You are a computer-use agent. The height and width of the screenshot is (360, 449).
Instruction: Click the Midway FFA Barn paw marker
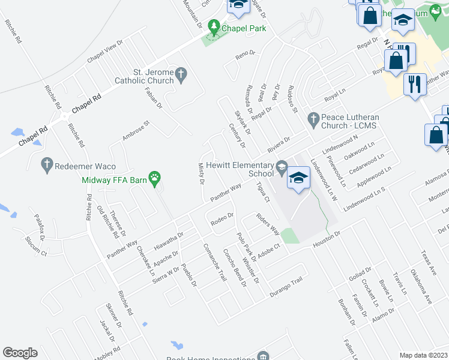[x=155, y=178]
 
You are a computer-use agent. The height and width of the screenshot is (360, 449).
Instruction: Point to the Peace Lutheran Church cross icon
[x=312, y=119]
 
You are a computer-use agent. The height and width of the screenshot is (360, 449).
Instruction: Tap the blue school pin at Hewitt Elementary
[x=297, y=178]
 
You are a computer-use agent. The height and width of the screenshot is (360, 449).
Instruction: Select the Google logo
[x=20, y=353]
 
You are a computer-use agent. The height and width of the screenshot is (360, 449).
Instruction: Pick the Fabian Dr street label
[x=154, y=97]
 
